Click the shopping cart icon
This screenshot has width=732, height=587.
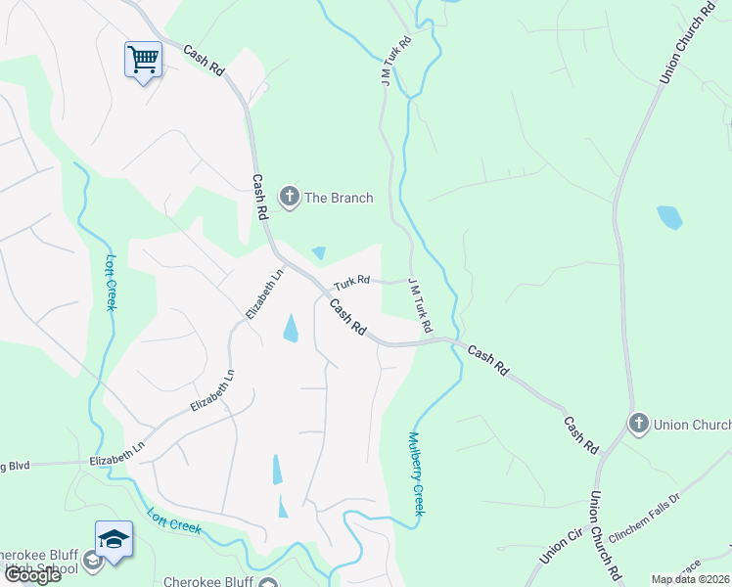pyautogui.click(x=143, y=60)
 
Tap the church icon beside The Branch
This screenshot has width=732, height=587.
pyautogui.click(x=290, y=198)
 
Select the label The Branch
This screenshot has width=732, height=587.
pyautogui.click(x=339, y=198)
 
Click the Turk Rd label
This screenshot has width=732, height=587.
pyautogui.click(x=351, y=282)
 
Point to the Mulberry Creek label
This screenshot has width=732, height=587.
pyautogui.click(x=418, y=474)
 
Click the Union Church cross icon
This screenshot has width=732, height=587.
pyautogui.click(x=639, y=424)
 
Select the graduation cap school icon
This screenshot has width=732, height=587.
pyautogui.click(x=114, y=539)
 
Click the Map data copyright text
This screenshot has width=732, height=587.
pyautogui.click(x=691, y=579)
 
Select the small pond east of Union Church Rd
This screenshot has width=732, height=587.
pyautogui.click(x=669, y=216)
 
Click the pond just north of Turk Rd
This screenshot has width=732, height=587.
pyautogui.click(x=319, y=253)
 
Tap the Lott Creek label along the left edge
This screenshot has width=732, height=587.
pyautogui.click(x=112, y=283)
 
